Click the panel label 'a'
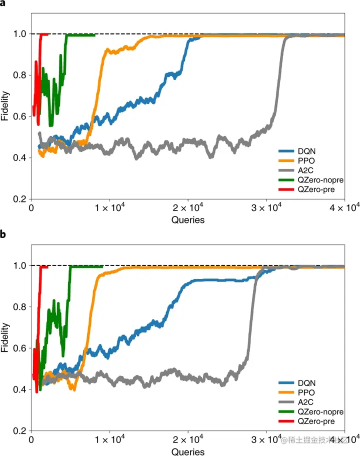tap(3, 3)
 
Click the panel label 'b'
tap(3, 234)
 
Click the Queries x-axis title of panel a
tap(188, 219)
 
